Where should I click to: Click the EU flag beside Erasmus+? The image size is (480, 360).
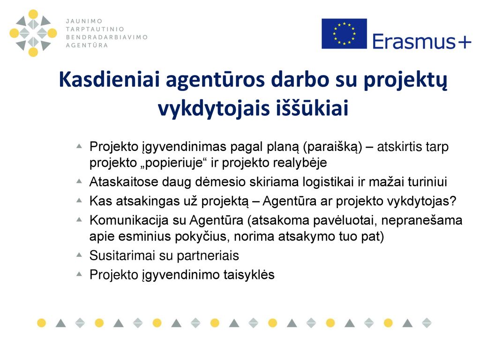coord(344,33)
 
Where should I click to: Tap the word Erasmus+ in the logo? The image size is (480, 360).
coord(421,42)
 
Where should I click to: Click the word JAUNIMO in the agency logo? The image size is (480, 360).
coord(84,21)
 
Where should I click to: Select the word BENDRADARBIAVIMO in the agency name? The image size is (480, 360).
coord(107,37)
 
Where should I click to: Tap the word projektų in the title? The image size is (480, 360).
coord(405,81)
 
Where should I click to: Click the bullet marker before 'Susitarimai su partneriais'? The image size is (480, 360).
coord(79,255)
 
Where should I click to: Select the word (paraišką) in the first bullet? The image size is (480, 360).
coord(332,147)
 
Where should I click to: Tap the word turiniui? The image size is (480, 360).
coord(427,182)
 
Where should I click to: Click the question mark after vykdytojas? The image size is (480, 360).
coord(453,201)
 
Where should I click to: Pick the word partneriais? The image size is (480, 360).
coord(208,256)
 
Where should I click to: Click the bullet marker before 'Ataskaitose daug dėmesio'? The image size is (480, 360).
coord(79,181)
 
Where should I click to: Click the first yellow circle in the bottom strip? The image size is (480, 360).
coord(41,322)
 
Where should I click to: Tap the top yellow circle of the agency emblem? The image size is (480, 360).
coord(33,14)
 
